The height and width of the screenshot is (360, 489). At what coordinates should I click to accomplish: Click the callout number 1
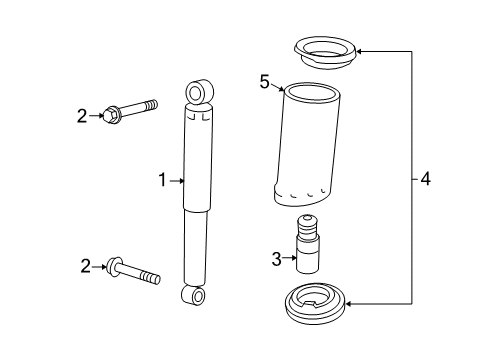(x=161, y=181)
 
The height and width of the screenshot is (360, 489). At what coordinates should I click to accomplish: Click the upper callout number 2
(x=84, y=115)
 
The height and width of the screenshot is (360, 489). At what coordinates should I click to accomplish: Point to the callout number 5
(x=265, y=82)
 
